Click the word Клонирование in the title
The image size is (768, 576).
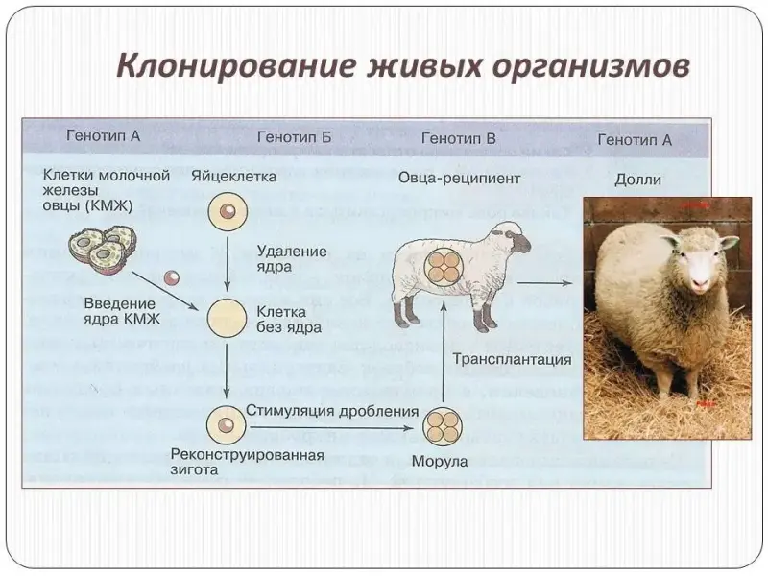(x=234, y=65)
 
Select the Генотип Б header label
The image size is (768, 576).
(x=295, y=137)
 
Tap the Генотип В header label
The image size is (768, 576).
(x=459, y=138)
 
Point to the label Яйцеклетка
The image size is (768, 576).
(x=233, y=176)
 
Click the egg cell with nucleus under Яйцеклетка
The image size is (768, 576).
(x=228, y=211)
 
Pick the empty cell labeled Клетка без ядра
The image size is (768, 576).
(x=227, y=319)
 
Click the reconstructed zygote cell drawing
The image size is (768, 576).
(x=226, y=425)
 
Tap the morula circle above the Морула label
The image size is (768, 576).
(x=443, y=426)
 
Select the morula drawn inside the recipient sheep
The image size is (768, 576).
(x=444, y=265)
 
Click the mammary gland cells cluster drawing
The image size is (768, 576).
(x=103, y=250)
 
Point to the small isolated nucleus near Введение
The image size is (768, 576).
(x=172, y=278)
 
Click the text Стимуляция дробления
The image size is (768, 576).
(x=332, y=411)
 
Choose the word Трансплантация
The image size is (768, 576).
(x=512, y=359)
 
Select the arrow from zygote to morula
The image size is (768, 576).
(x=331, y=428)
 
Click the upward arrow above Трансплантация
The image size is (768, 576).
(x=443, y=351)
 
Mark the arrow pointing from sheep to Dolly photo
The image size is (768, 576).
(x=544, y=282)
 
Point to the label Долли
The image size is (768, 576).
(x=637, y=180)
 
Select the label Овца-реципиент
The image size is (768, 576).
(x=459, y=179)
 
